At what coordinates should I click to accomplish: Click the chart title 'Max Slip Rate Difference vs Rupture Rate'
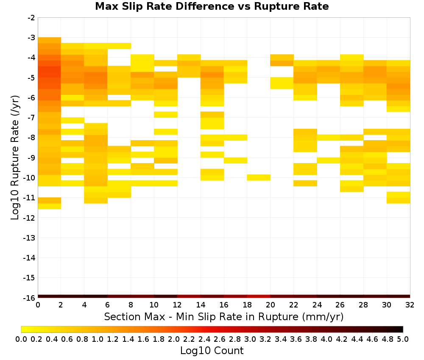pos(212,6)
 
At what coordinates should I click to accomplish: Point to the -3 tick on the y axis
pos(32,38)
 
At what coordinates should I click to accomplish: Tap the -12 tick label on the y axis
pos(30,218)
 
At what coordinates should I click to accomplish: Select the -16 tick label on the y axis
pos(30,298)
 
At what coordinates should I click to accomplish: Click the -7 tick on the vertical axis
pos(32,117)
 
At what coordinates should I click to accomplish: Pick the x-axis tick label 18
pos(247,305)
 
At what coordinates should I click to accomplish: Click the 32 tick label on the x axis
pos(410,305)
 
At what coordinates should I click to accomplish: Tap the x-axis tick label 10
pos(154,305)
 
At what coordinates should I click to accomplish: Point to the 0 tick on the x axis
pos(38,305)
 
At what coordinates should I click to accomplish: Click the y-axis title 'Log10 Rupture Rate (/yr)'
pos(15,158)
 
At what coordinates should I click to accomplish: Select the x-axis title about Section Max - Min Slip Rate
pos(224,316)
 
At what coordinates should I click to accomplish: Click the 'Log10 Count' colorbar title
pos(212,351)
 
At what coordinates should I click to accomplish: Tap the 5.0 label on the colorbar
pos(403,339)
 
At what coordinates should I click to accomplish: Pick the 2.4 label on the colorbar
pos(204,339)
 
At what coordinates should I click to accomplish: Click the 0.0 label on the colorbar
pos(21,339)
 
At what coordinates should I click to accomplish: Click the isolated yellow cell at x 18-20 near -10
pos(259,177)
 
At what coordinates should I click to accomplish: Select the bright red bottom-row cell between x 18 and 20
pos(259,296)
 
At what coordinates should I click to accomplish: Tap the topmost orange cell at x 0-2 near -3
pos(50,40)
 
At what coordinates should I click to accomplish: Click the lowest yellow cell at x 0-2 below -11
pos(50,206)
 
